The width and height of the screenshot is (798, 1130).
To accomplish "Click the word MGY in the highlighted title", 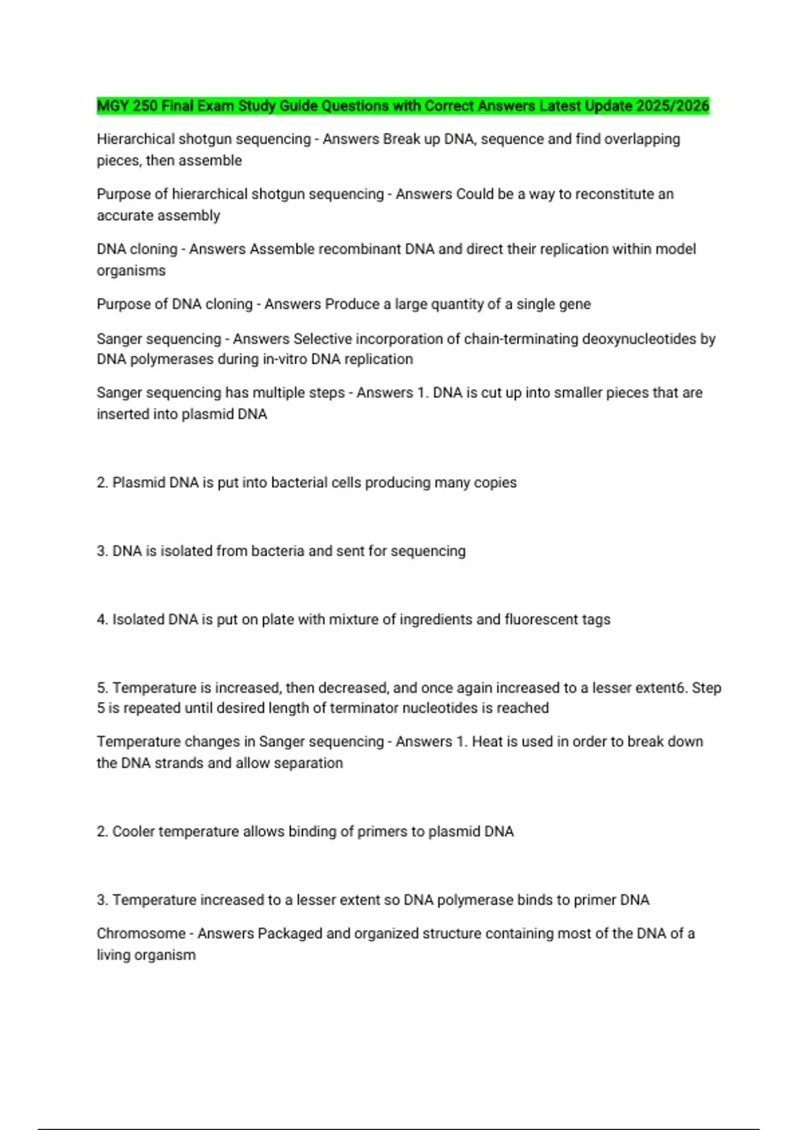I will pos(112,106).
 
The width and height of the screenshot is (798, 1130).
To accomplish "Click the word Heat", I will pos(487,742).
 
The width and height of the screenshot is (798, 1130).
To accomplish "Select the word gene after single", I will pos(575,304).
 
